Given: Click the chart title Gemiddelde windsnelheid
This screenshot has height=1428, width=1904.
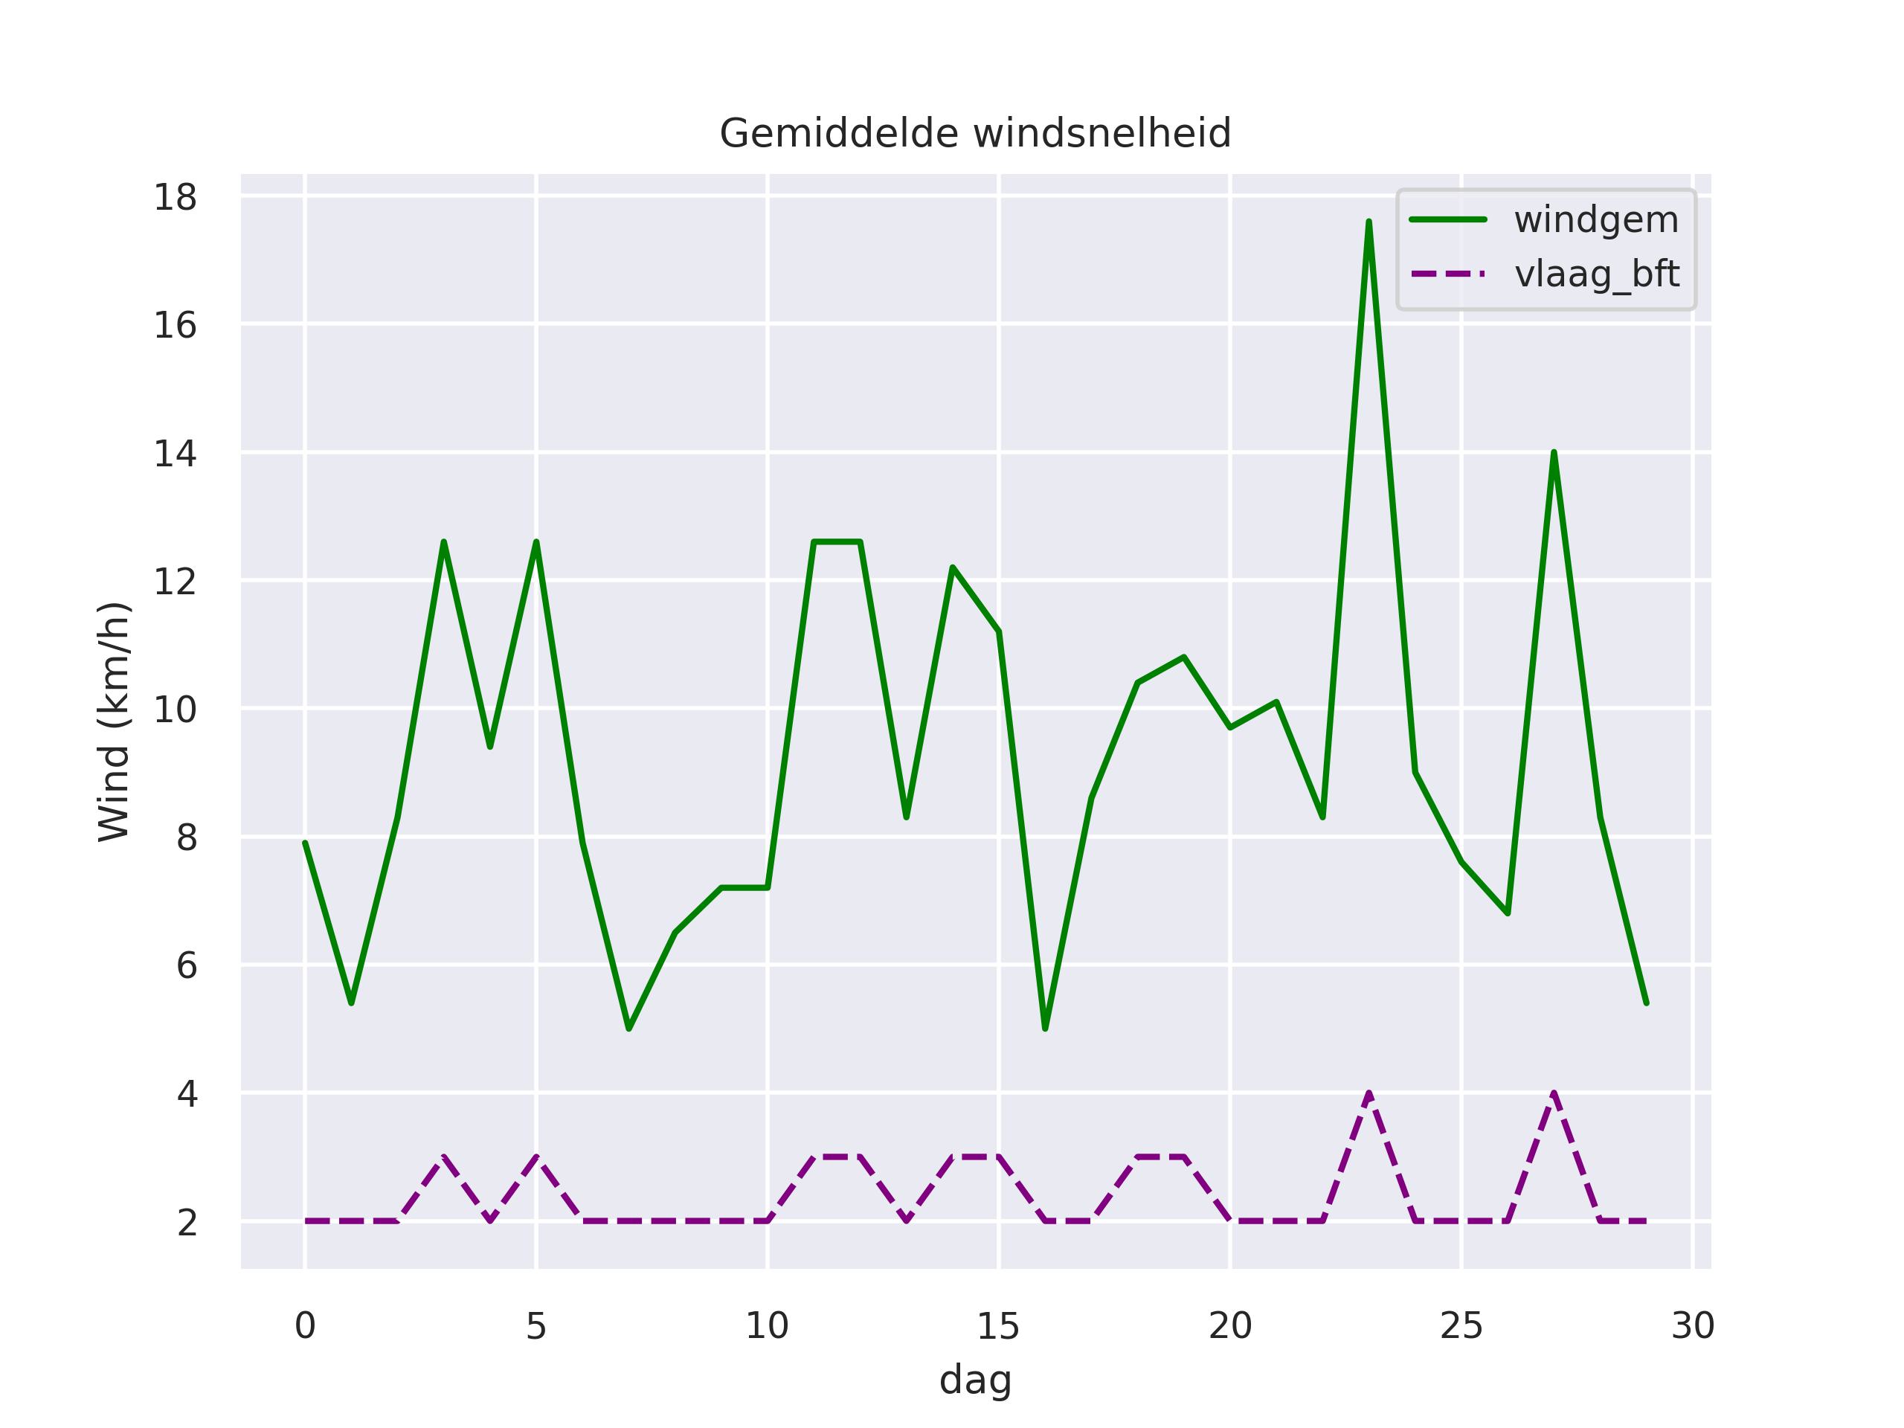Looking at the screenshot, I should [x=975, y=135].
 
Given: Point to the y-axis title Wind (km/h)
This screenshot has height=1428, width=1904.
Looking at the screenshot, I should [x=114, y=721].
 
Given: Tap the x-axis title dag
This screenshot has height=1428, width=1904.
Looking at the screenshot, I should [x=975, y=1380].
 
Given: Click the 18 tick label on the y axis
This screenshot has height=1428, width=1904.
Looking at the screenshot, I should [x=175, y=198].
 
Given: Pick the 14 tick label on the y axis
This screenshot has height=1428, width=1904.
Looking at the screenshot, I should [x=175, y=454].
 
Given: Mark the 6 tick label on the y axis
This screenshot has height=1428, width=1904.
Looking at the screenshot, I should [x=187, y=966].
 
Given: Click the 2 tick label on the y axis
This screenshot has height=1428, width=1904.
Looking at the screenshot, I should [x=187, y=1222].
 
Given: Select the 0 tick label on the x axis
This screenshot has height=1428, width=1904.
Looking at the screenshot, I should [x=305, y=1326].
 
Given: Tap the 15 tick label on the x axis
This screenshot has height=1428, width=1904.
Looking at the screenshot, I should [x=998, y=1326].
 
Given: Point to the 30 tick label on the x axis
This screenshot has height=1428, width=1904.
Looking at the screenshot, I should [x=1692, y=1326].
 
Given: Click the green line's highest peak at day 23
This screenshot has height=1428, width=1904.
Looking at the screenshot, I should [x=1368, y=223].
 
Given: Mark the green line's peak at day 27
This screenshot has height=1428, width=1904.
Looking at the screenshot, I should [x=1554, y=453].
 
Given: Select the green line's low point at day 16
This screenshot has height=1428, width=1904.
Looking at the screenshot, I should [x=1045, y=1028].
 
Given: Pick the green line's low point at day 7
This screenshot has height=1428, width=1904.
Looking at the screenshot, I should [x=629, y=1028].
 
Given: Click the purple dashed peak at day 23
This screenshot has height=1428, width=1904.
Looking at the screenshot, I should [x=1368, y=1094].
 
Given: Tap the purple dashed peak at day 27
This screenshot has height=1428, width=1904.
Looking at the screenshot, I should [x=1554, y=1094].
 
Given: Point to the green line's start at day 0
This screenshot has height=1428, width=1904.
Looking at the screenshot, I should [x=306, y=843].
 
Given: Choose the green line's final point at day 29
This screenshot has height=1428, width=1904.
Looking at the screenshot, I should [x=1646, y=1003].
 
